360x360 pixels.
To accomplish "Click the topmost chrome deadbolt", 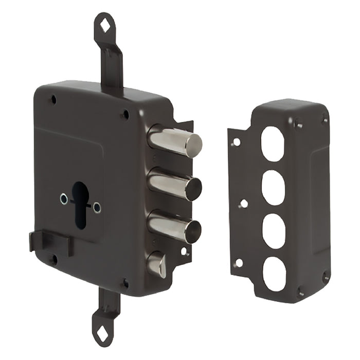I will (x=175, y=140).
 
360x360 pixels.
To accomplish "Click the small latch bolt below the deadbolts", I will (x=157, y=264).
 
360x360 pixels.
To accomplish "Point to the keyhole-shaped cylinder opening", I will (x=80, y=201).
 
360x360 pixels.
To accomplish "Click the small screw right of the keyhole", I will (x=97, y=207).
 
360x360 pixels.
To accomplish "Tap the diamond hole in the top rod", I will (x=105, y=25).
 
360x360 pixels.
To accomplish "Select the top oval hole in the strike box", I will (x=273, y=143).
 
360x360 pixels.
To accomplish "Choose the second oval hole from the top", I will (x=273, y=187).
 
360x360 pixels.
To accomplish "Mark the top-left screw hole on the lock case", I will (x=53, y=100).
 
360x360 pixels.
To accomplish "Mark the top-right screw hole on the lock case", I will (x=124, y=115).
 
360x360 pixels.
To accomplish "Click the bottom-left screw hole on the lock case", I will (x=52, y=259).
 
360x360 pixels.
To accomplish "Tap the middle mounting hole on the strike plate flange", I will (x=244, y=204).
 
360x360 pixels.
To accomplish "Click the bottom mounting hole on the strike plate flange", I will (x=238, y=263).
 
